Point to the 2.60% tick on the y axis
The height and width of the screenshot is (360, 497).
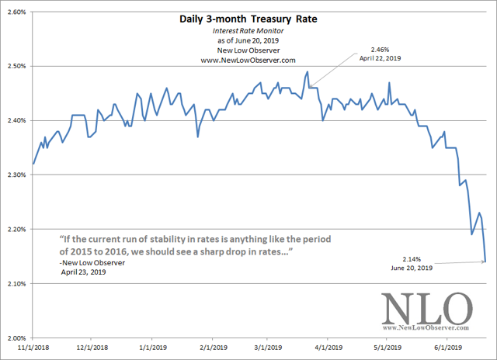16,12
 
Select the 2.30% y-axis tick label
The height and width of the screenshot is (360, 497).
16,175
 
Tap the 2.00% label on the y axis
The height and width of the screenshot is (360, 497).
16,338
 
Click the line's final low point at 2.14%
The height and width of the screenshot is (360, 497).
485,261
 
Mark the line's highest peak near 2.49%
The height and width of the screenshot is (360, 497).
308,72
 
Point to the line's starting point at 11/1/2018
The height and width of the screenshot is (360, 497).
33,164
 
